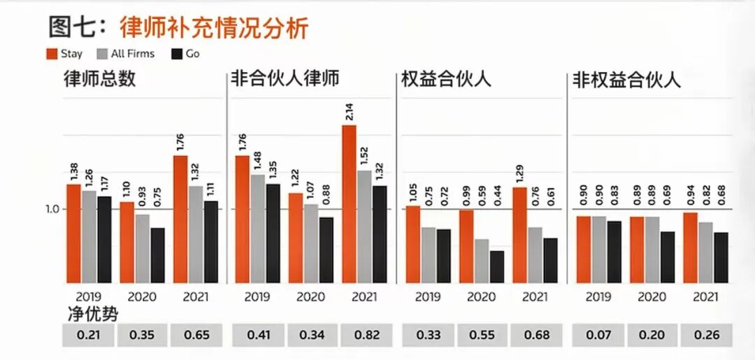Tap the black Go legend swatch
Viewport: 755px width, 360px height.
(176, 53)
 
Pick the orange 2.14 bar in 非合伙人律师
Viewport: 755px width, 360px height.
(349, 203)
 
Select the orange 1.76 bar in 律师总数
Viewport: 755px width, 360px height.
(180, 219)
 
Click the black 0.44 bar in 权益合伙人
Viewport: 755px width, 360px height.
(496, 266)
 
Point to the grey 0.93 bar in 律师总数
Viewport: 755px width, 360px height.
(142, 248)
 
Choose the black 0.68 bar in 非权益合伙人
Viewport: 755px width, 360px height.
(721, 257)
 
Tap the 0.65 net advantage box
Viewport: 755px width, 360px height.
(196, 336)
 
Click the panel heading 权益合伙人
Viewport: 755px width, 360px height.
(446, 78)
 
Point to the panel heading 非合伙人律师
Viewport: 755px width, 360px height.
(285, 78)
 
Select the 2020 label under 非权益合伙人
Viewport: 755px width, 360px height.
(652, 296)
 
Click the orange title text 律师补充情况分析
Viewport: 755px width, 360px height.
(214, 28)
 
